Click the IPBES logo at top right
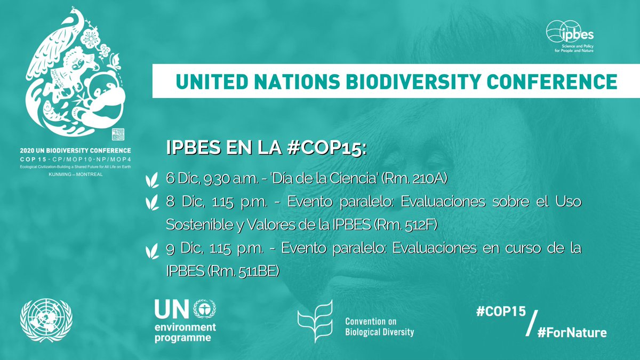(570, 35)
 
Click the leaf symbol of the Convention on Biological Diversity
(316, 322)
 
